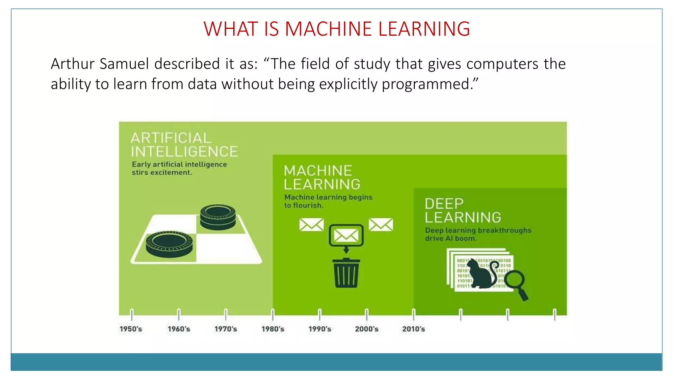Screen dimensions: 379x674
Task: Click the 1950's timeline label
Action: pyautogui.click(x=131, y=329)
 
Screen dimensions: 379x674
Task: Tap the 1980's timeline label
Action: pyautogui.click(x=272, y=329)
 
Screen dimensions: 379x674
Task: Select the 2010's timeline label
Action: pyautogui.click(x=413, y=329)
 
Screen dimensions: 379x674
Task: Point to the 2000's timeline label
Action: pyautogui.click(x=367, y=329)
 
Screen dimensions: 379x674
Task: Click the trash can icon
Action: pyautogui.click(x=346, y=273)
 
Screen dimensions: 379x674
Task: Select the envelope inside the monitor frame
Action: pyautogui.click(x=346, y=235)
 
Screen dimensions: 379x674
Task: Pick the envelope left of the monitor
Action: pyautogui.click(x=311, y=225)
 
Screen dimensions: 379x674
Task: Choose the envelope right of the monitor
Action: pyautogui.click(x=381, y=225)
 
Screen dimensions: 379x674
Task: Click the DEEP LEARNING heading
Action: pyautogui.click(x=462, y=211)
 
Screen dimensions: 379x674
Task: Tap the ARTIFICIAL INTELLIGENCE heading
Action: pyautogui.click(x=184, y=145)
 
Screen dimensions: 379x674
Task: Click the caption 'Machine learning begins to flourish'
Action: pyautogui.click(x=328, y=201)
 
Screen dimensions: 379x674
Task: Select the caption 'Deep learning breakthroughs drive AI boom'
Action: pyautogui.click(x=478, y=234)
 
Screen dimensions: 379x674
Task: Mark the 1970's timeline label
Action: pyautogui.click(x=225, y=329)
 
